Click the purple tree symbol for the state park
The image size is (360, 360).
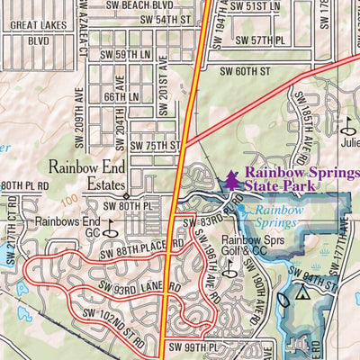point(232,181)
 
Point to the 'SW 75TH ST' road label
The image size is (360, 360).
point(156,145)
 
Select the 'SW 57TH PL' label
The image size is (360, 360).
point(260,40)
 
